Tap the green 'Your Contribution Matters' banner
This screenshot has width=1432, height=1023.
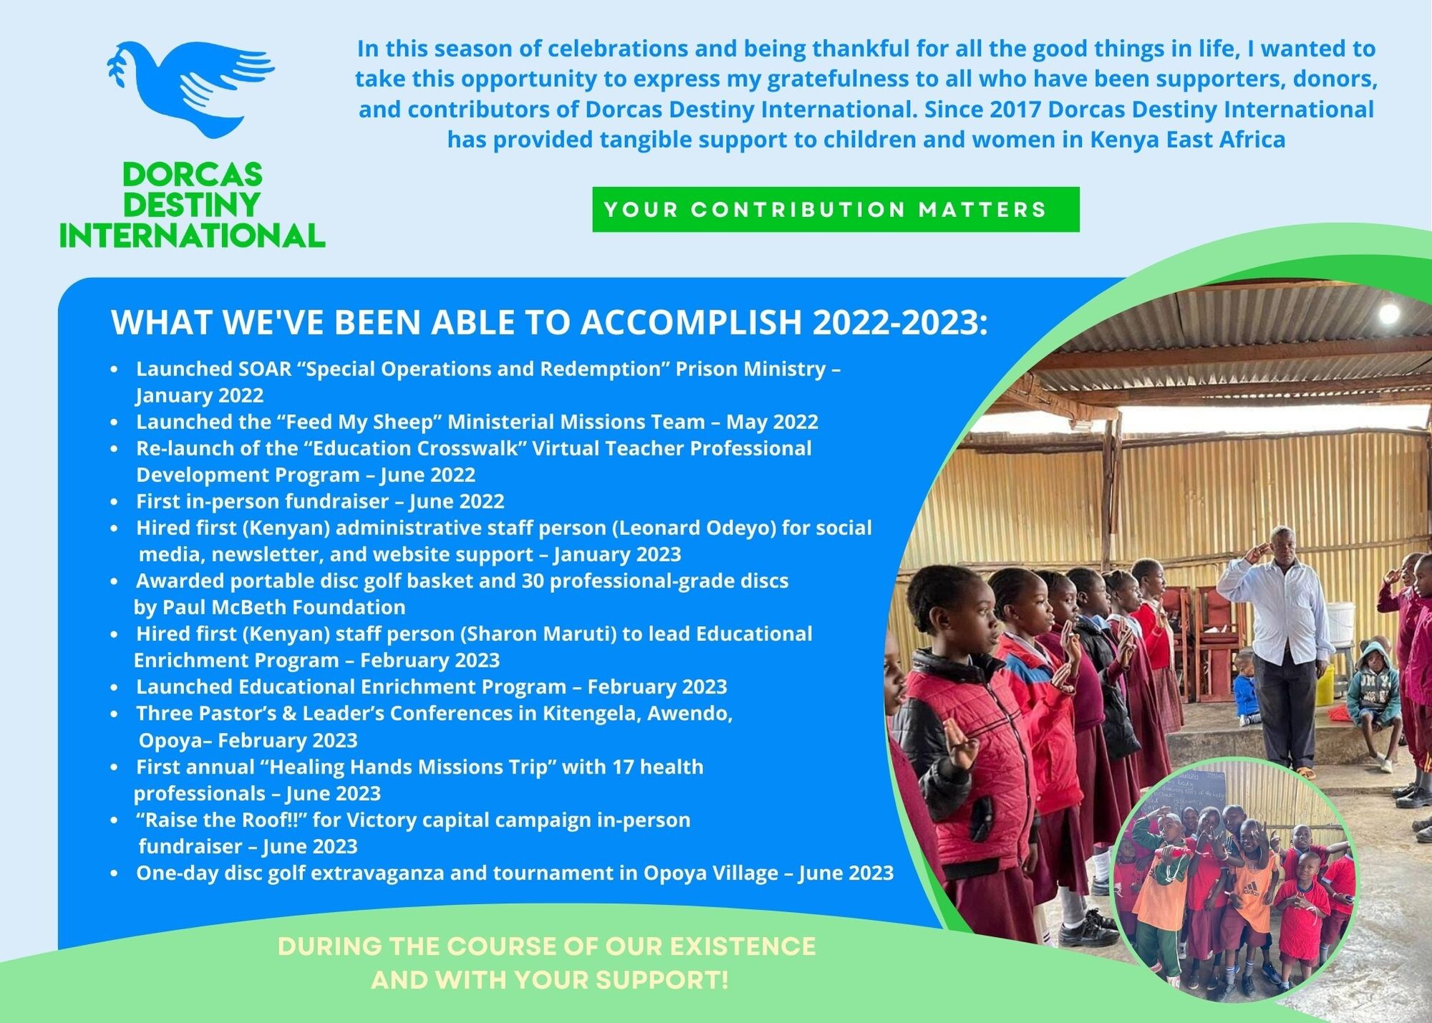pyautogui.click(x=835, y=210)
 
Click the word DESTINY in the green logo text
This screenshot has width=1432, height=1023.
pyautogui.click(x=191, y=206)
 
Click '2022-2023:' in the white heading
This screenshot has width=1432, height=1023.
pyautogui.click(x=899, y=322)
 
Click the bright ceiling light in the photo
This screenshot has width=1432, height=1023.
pyautogui.click(x=1388, y=313)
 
